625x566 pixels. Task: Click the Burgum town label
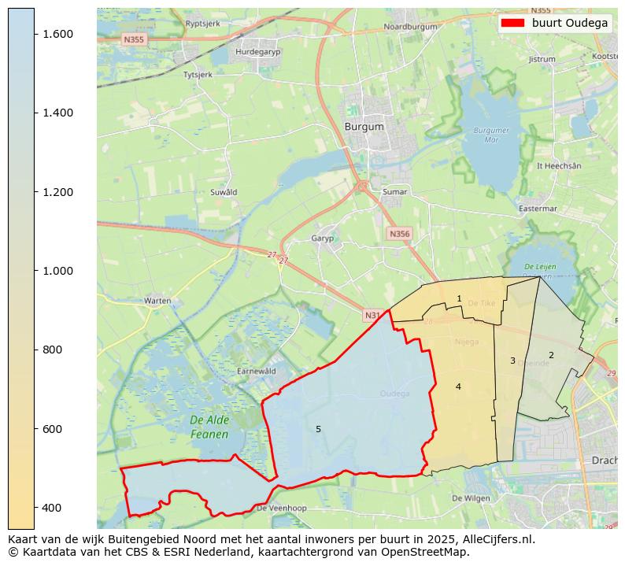(x=364, y=126)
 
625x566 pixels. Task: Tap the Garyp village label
(x=323, y=238)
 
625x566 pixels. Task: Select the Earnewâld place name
(x=257, y=371)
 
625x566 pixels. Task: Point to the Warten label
(x=157, y=301)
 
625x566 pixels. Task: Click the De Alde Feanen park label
(x=209, y=427)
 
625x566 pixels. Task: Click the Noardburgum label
(x=409, y=26)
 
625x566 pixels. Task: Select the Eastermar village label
(x=538, y=209)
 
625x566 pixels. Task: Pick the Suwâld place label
(x=224, y=192)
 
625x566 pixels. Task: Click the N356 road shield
(x=399, y=234)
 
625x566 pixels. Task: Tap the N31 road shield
(x=372, y=315)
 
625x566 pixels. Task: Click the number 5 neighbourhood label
(x=318, y=429)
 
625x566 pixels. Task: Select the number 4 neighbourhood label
(x=458, y=387)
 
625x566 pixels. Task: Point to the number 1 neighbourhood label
(x=459, y=298)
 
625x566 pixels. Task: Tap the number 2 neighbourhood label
(x=551, y=355)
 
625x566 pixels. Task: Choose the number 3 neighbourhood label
(x=512, y=361)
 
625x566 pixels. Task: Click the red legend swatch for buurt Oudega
(x=512, y=23)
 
